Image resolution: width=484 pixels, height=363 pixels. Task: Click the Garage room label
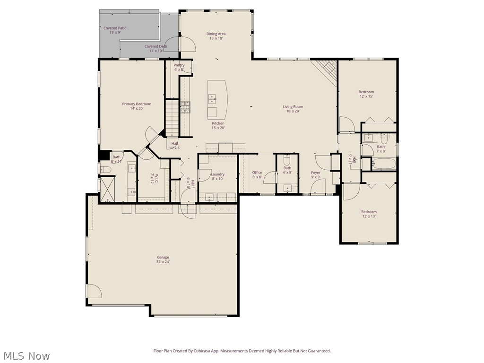(x=163, y=259)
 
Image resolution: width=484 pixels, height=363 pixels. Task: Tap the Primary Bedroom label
(x=137, y=106)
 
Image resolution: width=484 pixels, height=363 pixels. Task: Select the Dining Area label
(x=216, y=36)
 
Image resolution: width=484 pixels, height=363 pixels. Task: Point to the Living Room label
(x=293, y=109)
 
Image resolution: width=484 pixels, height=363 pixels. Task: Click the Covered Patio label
(x=115, y=30)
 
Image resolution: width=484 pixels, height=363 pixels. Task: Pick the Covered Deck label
(x=156, y=49)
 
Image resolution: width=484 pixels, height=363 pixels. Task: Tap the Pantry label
(x=179, y=67)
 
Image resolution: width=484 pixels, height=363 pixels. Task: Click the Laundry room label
(x=217, y=176)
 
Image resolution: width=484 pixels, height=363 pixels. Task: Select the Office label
(x=257, y=175)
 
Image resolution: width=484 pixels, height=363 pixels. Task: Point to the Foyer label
(x=315, y=175)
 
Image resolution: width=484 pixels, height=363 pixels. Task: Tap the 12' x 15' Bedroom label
(x=366, y=94)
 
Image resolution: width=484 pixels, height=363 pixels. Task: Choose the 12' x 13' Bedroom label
(x=369, y=214)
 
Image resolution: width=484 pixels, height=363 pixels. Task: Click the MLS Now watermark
(x=26, y=355)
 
